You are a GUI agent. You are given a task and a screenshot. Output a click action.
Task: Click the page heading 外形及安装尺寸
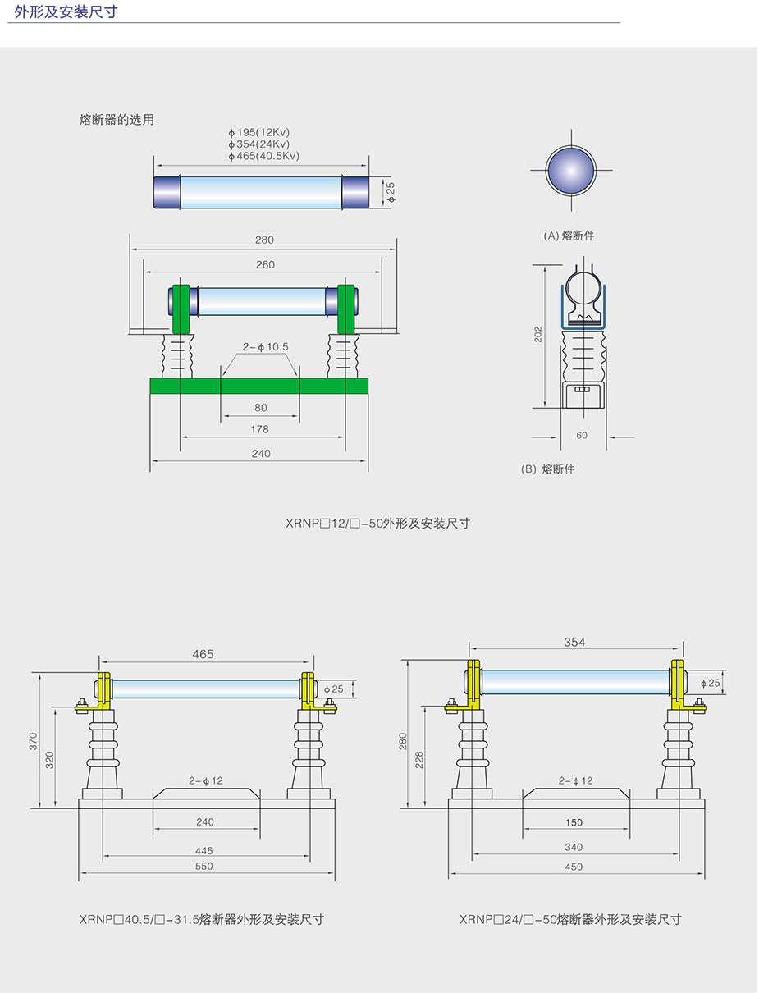66,11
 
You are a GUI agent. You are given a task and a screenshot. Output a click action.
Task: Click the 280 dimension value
264,240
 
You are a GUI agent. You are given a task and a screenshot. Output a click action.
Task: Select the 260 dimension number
264,265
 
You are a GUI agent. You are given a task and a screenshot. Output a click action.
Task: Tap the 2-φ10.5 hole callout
265,347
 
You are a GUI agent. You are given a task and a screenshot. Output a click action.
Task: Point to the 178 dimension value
260,429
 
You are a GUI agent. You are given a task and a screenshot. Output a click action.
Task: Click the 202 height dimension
539,334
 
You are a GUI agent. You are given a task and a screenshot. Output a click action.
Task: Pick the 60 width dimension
582,436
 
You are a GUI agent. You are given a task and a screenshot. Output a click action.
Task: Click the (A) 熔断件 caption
569,236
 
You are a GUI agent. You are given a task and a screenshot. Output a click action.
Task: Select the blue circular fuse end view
571,171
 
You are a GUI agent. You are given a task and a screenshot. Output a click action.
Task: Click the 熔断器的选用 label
117,120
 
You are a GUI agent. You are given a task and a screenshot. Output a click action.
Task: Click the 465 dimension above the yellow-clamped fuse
203,654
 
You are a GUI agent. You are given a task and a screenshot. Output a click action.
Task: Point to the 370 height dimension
34,741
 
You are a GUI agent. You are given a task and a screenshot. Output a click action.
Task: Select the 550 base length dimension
204,867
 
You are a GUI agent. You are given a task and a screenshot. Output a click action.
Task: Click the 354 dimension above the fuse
574,643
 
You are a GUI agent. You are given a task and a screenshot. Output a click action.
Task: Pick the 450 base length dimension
574,867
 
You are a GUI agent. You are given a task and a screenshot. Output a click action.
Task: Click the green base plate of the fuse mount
258,386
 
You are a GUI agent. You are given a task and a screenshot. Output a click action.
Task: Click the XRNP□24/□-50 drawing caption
570,919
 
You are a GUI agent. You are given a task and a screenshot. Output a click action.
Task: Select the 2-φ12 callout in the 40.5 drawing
206,781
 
